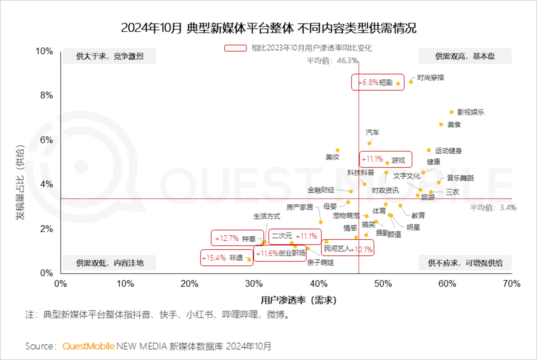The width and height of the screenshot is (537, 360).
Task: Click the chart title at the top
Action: click(x=268, y=28)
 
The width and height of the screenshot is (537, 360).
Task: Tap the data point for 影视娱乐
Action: click(x=452, y=112)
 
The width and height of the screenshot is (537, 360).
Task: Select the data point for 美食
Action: click(x=441, y=124)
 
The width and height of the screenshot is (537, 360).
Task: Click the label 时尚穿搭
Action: click(x=430, y=78)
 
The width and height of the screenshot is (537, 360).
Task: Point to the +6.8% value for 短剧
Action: click(x=370, y=82)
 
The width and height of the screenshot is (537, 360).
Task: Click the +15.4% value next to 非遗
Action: click(x=214, y=258)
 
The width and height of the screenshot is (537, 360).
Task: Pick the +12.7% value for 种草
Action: click(x=227, y=239)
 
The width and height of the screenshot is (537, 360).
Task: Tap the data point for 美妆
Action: click(x=337, y=150)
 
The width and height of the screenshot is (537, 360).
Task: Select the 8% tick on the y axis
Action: click(x=47, y=95)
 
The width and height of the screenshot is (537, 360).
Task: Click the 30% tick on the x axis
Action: click(x=254, y=284)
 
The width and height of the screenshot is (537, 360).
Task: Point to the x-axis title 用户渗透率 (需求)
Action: click(x=298, y=300)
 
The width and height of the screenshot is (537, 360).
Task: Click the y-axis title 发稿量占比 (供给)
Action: click(x=20, y=181)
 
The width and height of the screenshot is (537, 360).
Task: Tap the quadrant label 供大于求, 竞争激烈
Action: click(x=110, y=56)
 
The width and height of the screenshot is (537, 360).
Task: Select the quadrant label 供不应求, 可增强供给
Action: click(x=465, y=263)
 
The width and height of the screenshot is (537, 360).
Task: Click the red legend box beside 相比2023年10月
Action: click(x=235, y=48)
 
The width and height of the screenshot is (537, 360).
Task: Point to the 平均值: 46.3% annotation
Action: click(x=332, y=60)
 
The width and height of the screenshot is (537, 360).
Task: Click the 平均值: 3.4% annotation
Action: click(x=493, y=208)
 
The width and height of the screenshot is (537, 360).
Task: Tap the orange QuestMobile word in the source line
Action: click(x=88, y=346)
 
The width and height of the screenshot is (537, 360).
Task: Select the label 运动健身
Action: click(x=448, y=151)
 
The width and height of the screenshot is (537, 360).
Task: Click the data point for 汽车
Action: click(x=370, y=143)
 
